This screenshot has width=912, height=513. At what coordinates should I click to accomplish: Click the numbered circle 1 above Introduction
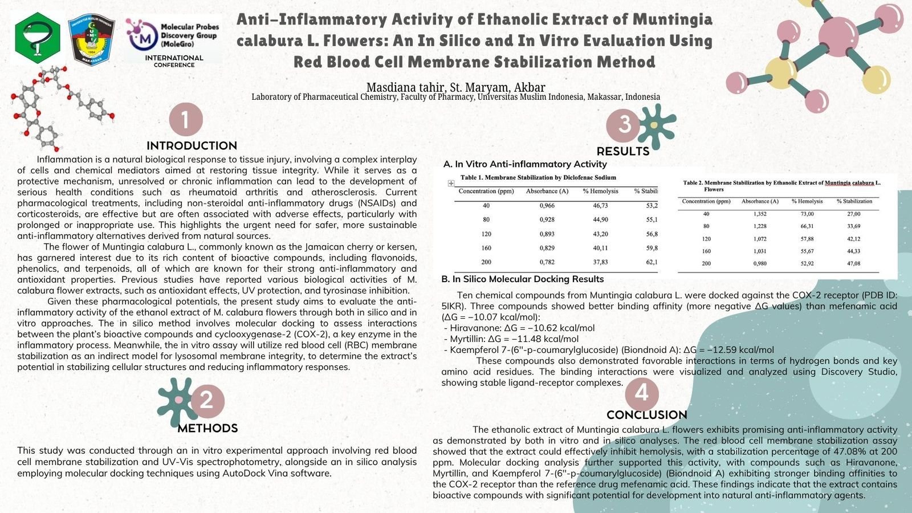pos(186,120)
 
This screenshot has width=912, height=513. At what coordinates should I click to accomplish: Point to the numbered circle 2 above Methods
pos(207,400)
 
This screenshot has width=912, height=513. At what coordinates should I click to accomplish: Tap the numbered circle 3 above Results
pos(624,124)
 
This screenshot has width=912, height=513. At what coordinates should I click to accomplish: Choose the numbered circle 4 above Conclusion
pos(642,393)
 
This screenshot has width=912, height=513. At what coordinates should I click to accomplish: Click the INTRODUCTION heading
pos(192,145)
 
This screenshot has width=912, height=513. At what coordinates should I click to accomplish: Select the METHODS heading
pos(207,428)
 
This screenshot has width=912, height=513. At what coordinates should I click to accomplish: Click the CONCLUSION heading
pos(646,415)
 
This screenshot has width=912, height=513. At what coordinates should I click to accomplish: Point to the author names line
pos(455,87)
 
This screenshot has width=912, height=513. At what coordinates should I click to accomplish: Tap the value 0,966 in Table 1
pos(547,205)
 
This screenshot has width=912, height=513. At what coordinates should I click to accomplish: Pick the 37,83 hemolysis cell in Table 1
pos(600,262)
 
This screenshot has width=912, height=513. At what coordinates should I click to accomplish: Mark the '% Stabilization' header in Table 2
pos(854,201)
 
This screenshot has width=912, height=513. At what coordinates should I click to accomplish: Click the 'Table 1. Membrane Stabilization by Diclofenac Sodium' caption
pos(538,178)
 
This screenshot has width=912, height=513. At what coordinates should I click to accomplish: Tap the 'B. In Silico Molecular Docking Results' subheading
pos(522,279)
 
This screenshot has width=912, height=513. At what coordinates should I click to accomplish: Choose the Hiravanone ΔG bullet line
pos(519,328)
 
